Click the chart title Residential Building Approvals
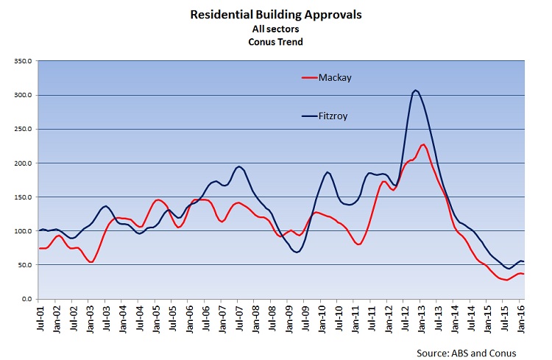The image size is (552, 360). [276, 14]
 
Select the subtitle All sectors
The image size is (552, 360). [276, 29]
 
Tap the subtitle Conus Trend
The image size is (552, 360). [276, 42]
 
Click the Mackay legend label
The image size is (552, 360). [335, 77]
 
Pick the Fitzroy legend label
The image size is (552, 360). [336, 116]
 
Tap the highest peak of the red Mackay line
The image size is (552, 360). [423, 144]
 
